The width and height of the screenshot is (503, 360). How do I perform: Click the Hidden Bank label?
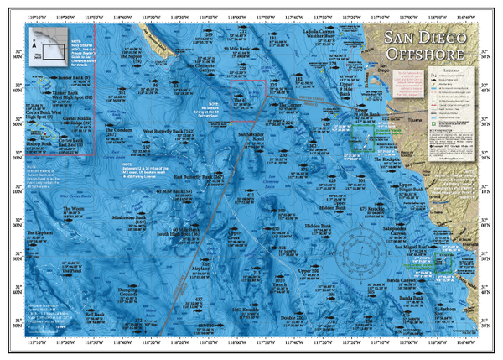pyautogui.click(x=319, y=226)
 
